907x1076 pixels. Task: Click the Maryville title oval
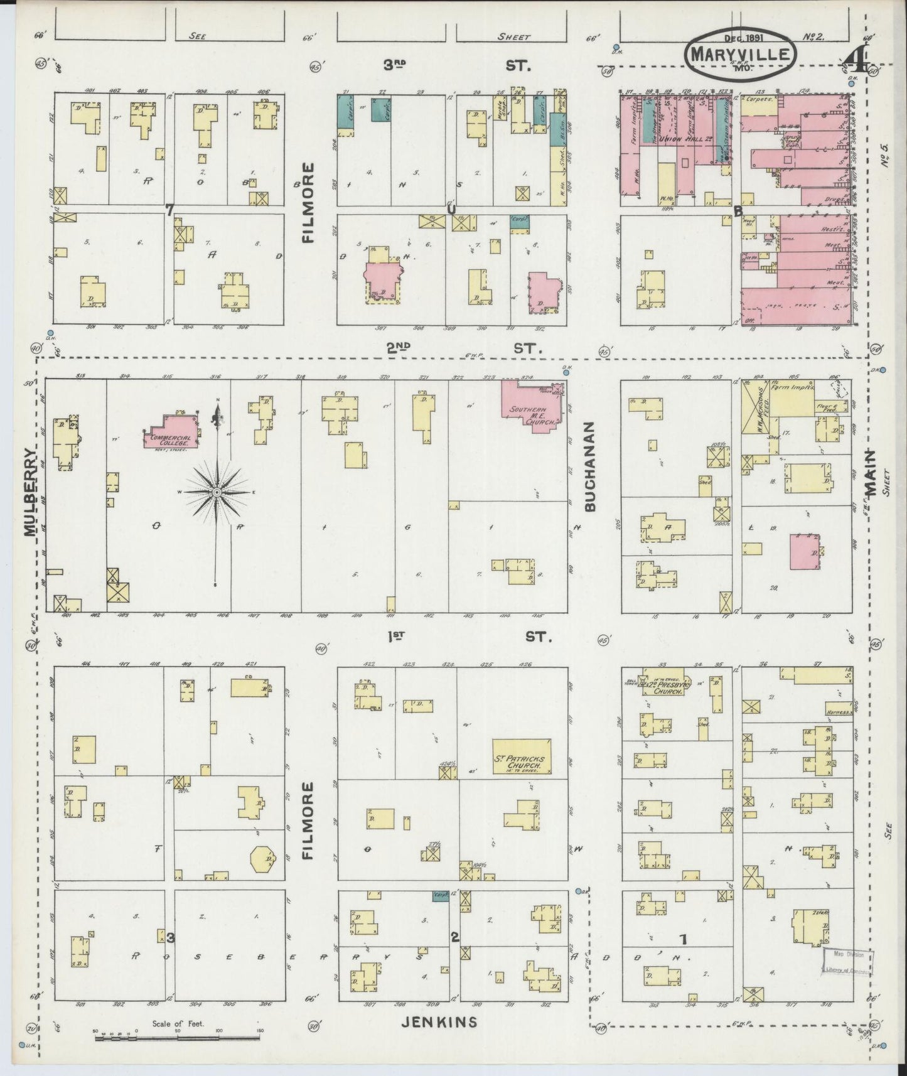coord(740,53)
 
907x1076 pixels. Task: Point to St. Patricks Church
coord(521,756)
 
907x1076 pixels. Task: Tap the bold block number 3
coord(170,937)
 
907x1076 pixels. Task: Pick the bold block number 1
coord(683,939)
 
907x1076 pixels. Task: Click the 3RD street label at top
coord(394,65)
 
